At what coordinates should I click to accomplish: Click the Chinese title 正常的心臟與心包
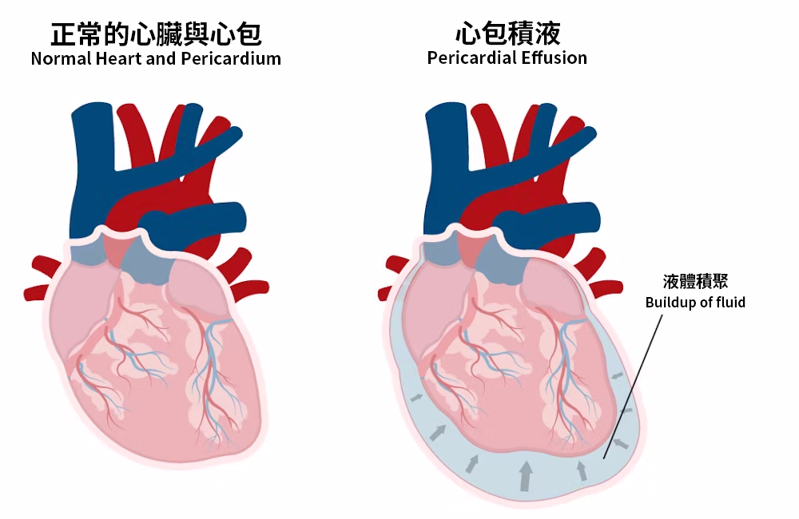[x=156, y=34]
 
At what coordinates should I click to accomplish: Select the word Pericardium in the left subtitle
[x=231, y=58]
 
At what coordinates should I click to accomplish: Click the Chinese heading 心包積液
[x=507, y=34]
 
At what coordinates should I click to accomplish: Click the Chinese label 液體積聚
[x=695, y=281]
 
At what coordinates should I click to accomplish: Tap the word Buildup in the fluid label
[x=669, y=303]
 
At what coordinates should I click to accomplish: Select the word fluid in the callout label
[x=731, y=302]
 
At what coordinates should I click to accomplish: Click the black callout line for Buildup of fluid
[x=634, y=386]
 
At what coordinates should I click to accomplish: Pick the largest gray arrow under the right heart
[x=526, y=476]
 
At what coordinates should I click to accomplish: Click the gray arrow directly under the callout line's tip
[x=582, y=470]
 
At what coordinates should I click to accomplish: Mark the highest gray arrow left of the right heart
[x=417, y=398]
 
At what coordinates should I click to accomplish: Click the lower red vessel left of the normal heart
[x=37, y=292]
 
